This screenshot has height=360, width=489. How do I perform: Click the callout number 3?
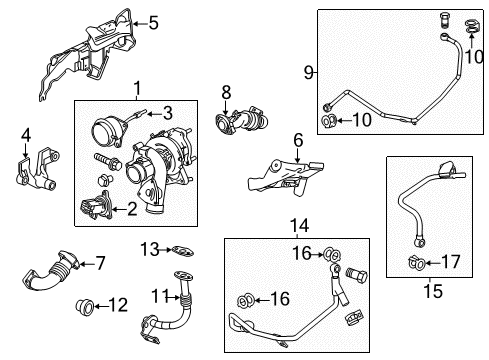[168, 112]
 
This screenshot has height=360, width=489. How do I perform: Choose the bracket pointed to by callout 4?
[36, 172]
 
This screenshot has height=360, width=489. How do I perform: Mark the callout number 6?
[297, 140]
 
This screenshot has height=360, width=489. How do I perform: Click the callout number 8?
[226, 92]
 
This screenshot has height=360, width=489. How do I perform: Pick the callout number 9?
[308, 71]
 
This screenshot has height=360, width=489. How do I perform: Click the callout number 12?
[118, 302]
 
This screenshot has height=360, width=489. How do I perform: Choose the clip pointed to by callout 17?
[414, 263]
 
